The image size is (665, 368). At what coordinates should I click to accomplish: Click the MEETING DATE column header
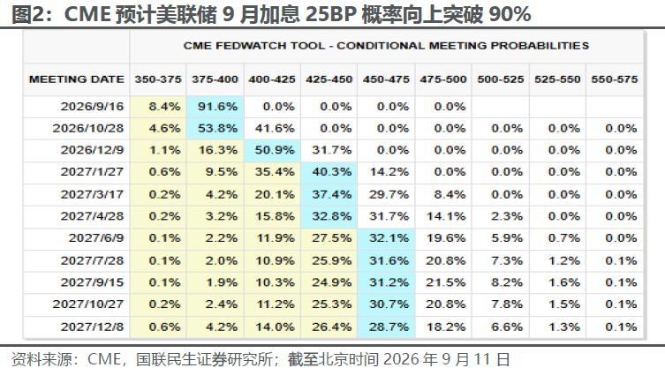click(77, 79)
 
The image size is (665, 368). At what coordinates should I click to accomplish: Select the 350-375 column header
click(158, 79)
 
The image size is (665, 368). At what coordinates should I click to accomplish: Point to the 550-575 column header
click(615, 79)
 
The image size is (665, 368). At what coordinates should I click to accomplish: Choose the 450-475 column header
click(386, 79)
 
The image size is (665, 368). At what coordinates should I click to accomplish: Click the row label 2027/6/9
click(96, 238)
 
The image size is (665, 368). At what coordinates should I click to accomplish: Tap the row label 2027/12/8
click(92, 327)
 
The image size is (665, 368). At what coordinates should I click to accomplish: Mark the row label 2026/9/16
click(92, 107)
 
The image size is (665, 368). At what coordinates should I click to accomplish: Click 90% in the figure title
click(510, 14)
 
